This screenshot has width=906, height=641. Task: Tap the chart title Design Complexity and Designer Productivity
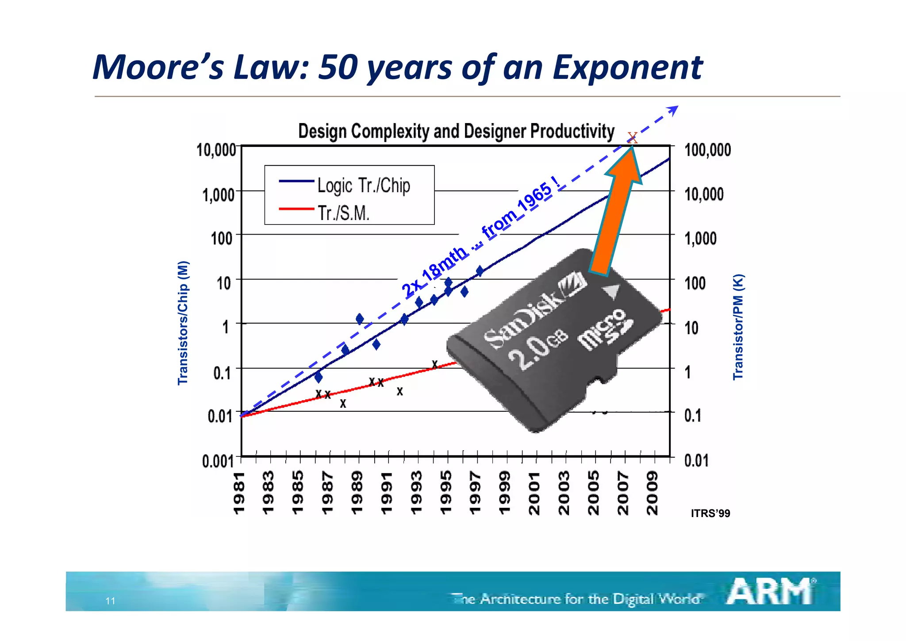click(456, 131)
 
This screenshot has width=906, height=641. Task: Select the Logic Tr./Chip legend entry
click(345, 185)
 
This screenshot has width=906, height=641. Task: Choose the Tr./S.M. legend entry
click(325, 213)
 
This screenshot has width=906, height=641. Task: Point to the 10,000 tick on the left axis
click(216, 150)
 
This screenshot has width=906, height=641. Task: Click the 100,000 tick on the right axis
click(707, 150)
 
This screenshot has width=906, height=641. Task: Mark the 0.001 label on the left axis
click(218, 461)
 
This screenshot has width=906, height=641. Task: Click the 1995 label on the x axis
click(447, 492)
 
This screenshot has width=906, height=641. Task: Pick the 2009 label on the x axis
click(653, 492)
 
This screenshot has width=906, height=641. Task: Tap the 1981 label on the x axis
click(239, 492)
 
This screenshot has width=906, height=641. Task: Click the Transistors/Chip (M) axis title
click(183, 323)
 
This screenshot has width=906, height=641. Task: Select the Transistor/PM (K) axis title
click(738, 327)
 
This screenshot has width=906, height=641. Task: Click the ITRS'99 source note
click(710, 514)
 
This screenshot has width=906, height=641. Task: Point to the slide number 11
click(110, 601)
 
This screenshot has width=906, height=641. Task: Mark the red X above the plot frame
click(632, 137)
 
